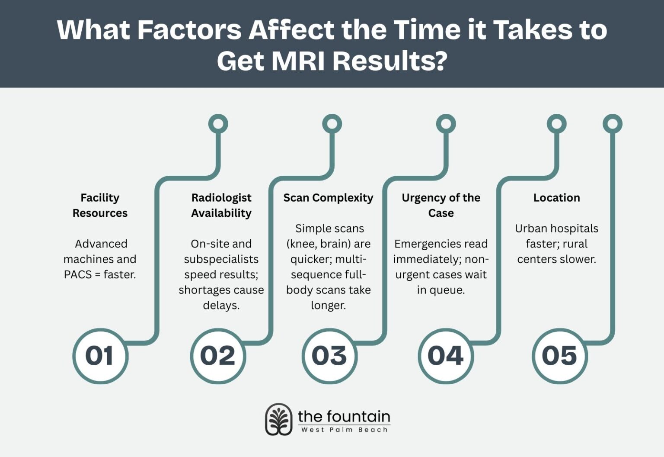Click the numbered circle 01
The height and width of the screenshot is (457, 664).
tap(100, 356)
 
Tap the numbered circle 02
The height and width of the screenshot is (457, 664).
tap(218, 356)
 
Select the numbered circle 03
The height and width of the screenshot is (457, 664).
tap(329, 356)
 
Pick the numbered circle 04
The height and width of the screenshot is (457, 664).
tap(446, 356)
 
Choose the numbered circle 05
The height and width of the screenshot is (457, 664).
tap(559, 356)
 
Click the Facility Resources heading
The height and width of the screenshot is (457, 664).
tap(100, 205)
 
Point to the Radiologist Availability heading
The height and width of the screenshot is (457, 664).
tap(221, 205)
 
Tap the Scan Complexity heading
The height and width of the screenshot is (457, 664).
tap(328, 198)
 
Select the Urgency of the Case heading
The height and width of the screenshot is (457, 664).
tap(441, 205)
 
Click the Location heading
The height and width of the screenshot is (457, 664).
tap(556, 198)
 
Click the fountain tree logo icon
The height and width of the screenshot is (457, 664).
tap(278, 419)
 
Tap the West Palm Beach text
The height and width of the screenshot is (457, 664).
tap(344, 430)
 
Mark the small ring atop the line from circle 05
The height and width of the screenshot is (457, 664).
tap(612, 124)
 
